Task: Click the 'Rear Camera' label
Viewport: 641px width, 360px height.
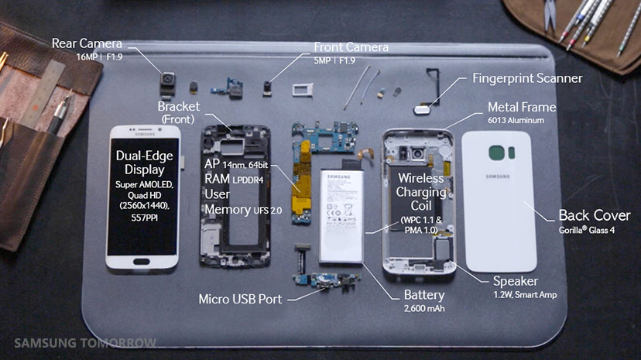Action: [x=86, y=43]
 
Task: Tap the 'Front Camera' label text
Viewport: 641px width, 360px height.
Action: [x=350, y=47]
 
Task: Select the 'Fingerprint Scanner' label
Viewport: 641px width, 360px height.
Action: [x=527, y=78]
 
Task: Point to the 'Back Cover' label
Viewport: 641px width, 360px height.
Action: [x=593, y=215]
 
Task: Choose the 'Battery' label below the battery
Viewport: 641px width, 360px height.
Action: [x=424, y=295]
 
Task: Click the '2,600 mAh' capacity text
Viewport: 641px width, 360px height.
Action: [x=424, y=310]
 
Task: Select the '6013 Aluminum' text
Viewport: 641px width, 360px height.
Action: [x=519, y=121]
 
